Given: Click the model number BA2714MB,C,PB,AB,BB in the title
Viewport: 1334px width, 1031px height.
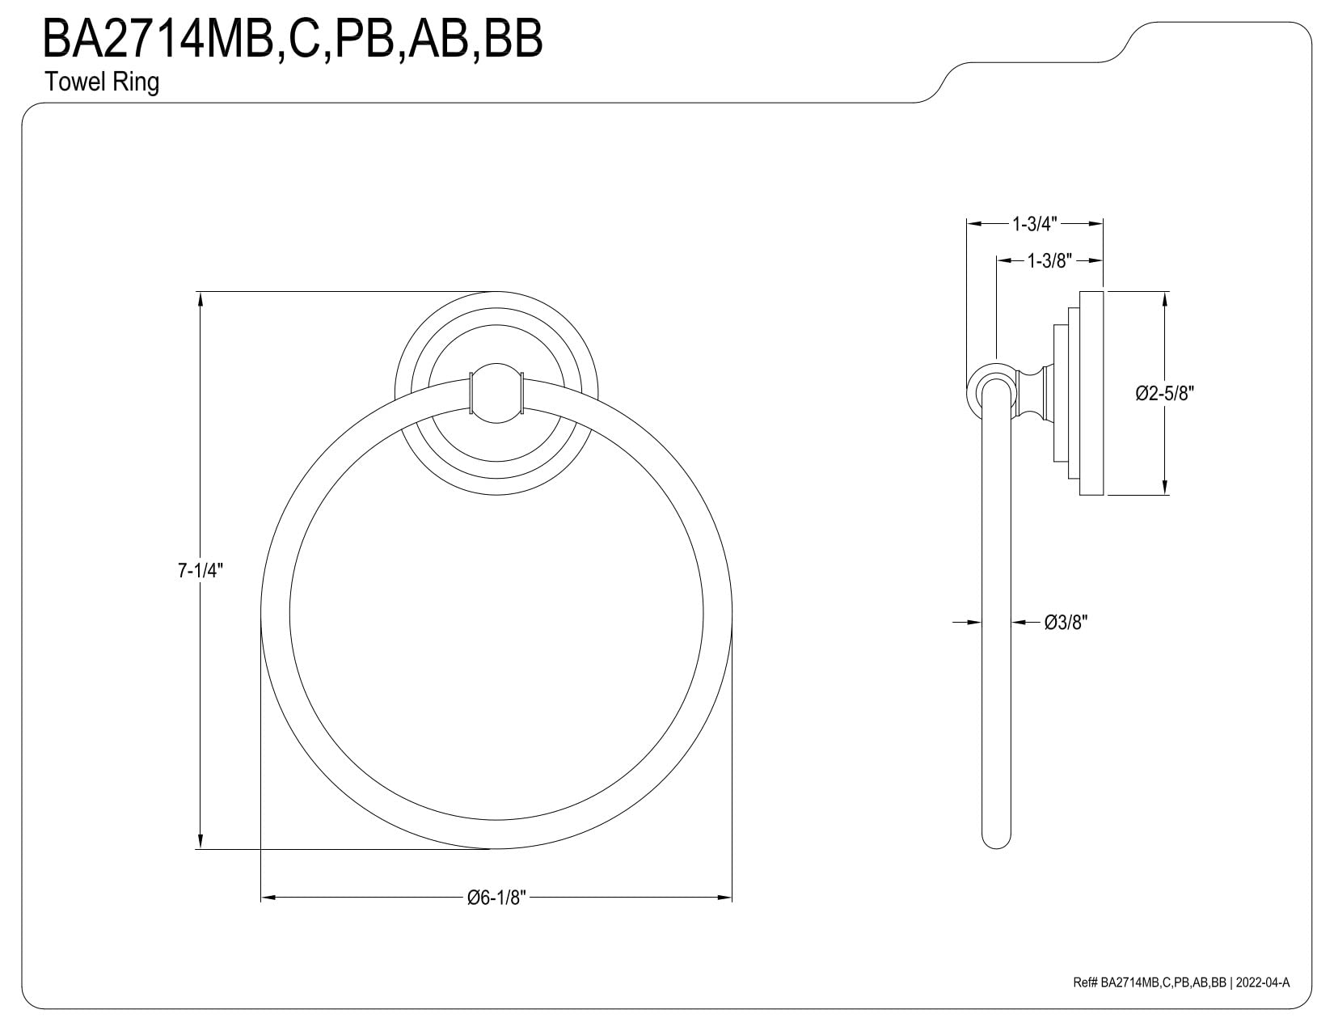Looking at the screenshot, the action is point(292,40).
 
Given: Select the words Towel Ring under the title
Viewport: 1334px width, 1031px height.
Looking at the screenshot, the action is point(102,82).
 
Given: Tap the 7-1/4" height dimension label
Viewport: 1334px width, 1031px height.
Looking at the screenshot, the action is point(201,570).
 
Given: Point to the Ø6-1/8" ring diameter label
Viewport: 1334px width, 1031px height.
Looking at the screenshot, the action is point(496,898).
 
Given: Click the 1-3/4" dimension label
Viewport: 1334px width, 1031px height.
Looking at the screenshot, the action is point(1034,224).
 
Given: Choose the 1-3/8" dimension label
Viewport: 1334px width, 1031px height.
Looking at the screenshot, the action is point(1049,261).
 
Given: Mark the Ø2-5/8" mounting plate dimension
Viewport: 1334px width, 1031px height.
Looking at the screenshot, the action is point(1164,393).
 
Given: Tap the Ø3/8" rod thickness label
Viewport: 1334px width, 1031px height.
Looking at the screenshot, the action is point(1066,623).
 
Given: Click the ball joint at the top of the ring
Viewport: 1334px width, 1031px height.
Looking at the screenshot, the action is point(496,393).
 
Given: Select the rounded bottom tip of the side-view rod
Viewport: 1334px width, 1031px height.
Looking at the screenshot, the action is point(996,842).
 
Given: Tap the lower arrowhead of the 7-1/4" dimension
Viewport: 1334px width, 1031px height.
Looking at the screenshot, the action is point(201,841).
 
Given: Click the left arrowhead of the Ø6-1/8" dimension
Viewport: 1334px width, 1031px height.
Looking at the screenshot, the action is point(269,898).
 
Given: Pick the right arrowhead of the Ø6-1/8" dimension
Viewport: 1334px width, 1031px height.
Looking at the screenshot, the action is point(724,898).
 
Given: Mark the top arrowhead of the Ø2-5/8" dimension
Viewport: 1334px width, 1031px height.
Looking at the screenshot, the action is point(1164,300).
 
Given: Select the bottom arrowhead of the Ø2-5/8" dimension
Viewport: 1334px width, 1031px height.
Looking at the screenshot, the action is point(1164,486).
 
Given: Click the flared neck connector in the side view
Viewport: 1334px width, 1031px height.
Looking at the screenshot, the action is point(1035,393).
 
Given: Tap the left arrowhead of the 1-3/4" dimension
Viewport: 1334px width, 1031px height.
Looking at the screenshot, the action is point(975,224).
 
